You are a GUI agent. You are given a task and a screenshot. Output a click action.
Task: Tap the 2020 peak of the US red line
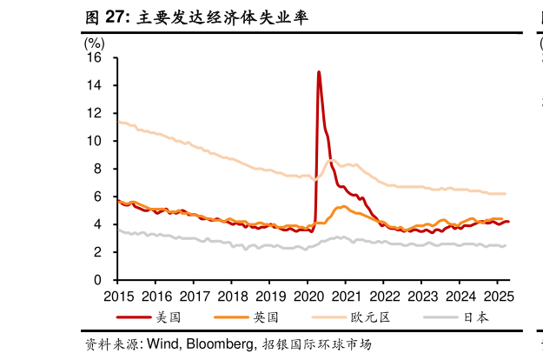tap(319, 72)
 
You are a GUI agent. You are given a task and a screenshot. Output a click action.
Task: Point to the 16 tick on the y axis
tap(95, 58)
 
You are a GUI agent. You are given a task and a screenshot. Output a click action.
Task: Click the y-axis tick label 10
tap(95, 141)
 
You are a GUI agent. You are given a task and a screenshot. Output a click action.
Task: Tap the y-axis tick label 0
tap(98, 280)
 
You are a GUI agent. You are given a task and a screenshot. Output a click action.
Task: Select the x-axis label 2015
tap(118, 295)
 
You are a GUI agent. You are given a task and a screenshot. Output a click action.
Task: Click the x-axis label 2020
tap(308, 295)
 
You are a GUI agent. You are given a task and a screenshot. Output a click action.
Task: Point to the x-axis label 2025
tap(497, 295)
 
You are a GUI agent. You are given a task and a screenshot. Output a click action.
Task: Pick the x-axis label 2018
tap(232, 295)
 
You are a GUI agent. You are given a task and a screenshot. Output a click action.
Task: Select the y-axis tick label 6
tap(98, 197)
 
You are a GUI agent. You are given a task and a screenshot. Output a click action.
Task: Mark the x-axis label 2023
tap(421, 295)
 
